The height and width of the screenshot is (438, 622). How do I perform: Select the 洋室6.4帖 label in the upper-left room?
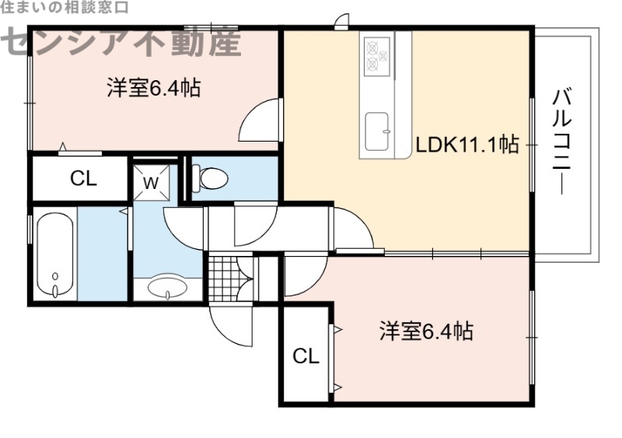(x=154, y=88)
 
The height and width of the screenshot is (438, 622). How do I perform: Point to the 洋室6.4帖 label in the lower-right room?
(x=426, y=331)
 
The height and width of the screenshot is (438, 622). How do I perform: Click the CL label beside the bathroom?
(x=83, y=179)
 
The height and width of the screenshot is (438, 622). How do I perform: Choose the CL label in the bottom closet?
(x=306, y=356)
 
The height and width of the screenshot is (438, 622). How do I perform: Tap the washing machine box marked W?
(x=151, y=183)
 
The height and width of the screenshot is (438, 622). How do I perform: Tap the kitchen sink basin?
(x=378, y=128)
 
